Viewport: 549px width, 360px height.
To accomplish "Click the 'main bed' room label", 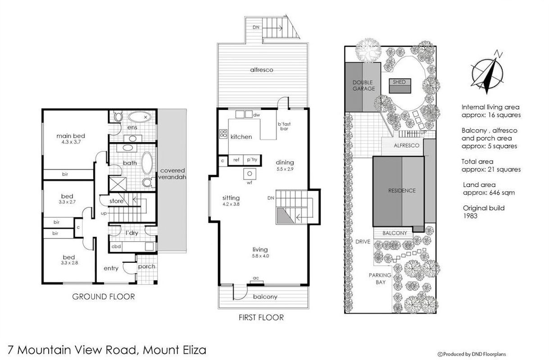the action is [71, 136].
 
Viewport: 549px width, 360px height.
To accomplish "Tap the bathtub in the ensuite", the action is [140, 117].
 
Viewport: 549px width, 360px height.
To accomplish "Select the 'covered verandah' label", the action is [172, 174].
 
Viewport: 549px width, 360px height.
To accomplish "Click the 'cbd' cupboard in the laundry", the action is [116, 246].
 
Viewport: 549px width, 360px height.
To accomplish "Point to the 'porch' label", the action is [146, 266].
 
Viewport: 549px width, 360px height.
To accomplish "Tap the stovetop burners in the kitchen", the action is [223, 134].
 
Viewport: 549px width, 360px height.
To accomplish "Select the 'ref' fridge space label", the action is [236, 160].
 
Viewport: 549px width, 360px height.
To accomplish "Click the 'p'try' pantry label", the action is [252, 160].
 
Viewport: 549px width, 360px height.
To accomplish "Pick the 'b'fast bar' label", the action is [284, 126].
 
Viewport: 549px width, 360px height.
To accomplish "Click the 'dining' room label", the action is [285, 162].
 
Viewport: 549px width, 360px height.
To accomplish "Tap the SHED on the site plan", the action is [400, 85].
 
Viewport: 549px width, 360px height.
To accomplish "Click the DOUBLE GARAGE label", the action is [363, 85].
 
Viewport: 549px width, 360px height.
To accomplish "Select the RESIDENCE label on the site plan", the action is [402, 190].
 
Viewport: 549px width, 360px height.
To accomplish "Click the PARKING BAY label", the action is [380, 279].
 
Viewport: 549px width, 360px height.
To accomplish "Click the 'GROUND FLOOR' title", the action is [104, 297].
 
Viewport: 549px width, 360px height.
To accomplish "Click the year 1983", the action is [470, 216].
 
